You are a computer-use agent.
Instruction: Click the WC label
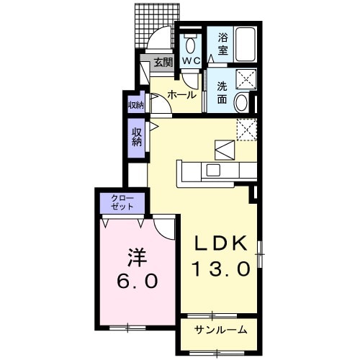coord(192,61)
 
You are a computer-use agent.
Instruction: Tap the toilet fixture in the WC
coord(191,44)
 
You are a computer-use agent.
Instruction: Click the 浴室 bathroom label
coord(223,45)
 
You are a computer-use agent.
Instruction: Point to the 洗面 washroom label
coord(222,93)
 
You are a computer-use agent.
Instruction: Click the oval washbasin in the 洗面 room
coord(241,102)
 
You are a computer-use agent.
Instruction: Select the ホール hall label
coord(182,95)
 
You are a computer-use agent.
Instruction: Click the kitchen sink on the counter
coord(213,170)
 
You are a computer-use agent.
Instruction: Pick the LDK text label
coord(220,243)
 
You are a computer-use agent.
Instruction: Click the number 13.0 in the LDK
coord(221,269)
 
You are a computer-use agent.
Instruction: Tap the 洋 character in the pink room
coord(138,257)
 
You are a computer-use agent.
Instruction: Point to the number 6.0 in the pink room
coord(138,281)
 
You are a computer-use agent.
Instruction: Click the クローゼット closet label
coord(122,202)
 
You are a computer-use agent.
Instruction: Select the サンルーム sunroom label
coord(221,330)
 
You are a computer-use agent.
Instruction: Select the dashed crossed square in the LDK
coord(247,130)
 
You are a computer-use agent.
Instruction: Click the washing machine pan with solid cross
coord(246,79)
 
